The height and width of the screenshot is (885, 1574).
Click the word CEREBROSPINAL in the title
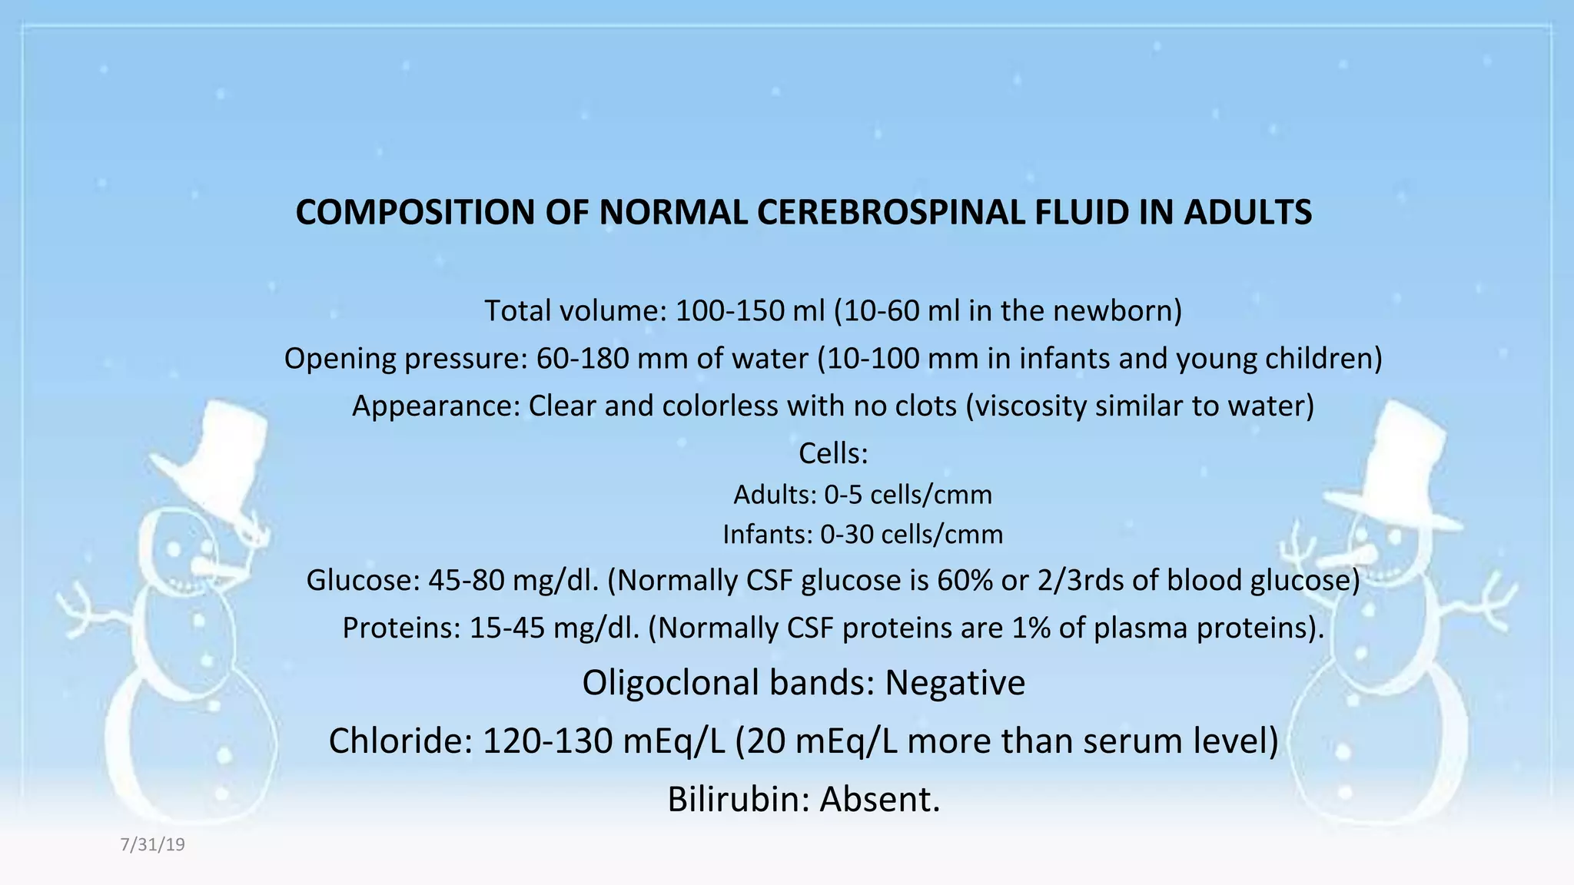coord(891,213)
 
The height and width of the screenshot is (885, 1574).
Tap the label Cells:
coord(833,453)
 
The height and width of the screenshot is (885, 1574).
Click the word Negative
coord(955,683)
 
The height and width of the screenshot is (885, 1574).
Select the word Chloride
coord(400,741)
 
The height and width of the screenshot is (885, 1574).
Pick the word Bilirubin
coord(739,800)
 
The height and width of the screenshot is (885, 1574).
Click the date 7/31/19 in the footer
coord(153,845)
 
